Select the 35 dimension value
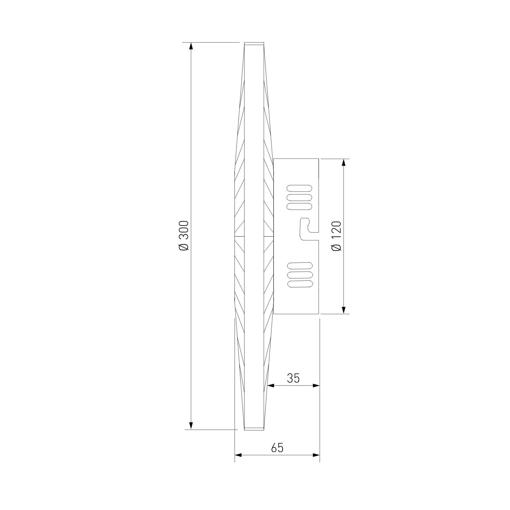(x=293, y=378)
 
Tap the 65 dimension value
(x=277, y=448)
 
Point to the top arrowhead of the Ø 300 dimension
(x=191, y=46)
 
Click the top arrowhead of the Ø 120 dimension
(x=343, y=162)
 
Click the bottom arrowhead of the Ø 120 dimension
(x=343, y=310)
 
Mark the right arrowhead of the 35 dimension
(x=316, y=386)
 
